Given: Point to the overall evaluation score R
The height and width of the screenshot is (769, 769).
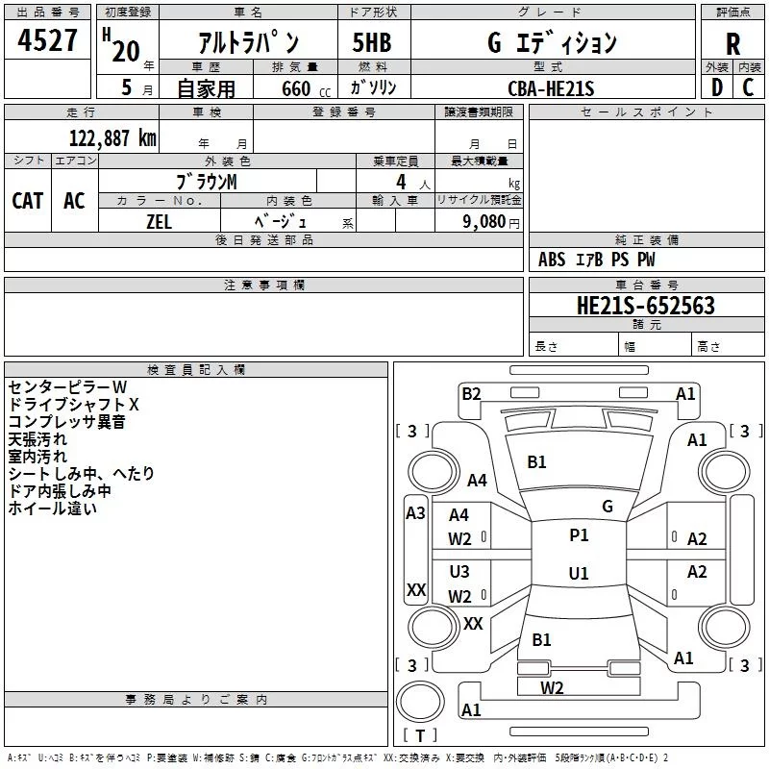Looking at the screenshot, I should pyautogui.click(x=732, y=44).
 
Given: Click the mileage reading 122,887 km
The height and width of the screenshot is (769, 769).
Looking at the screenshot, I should pyautogui.click(x=112, y=137).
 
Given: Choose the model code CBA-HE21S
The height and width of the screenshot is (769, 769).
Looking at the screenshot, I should pyautogui.click(x=552, y=88).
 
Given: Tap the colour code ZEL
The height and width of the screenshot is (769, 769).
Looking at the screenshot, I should pyautogui.click(x=160, y=220).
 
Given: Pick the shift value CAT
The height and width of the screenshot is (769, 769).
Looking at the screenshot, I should pyautogui.click(x=27, y=200).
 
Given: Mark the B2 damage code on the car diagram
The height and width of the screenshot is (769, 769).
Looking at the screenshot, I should pyautogui.click(x=471, y=393).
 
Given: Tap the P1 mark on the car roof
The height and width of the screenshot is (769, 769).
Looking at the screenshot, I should pyautogui.click(x=579, y=535).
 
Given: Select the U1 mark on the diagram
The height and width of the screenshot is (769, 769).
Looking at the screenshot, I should pyautogui.click(x=579, y=574).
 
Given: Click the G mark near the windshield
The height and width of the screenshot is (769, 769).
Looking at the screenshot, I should pyautogui.click(x=608, y=506).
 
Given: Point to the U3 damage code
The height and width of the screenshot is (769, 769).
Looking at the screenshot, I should pyautogui.click(x=459, y=572).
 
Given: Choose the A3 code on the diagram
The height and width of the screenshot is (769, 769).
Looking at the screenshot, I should pyautogui.click(x=415, y=513).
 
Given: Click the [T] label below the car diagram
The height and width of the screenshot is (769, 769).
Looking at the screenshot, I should pyautogui.click(x=419, y=736).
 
